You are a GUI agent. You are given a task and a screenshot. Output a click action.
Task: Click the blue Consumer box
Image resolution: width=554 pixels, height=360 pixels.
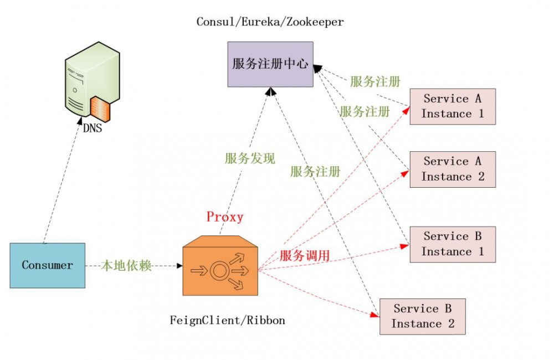click(x=48, y=265)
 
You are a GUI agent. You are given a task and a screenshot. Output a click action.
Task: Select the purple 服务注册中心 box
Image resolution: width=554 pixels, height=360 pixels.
click(x=270, y=64)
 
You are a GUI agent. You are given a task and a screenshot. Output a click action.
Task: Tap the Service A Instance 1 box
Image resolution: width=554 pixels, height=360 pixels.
click(x=452, y=106)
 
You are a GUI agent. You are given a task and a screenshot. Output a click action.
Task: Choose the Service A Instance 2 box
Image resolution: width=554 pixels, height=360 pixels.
click(x=452, y=169)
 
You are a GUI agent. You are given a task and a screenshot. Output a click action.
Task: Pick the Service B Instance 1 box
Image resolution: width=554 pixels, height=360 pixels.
click(x=452, y=244)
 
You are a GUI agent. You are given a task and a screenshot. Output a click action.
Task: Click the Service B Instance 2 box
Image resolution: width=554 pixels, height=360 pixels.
click(x=422, y=316)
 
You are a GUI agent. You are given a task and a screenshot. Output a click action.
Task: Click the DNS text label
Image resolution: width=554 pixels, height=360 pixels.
click(x=92, y=128)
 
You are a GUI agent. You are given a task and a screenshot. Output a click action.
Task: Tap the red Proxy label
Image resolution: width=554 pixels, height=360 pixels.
click(x=225, y=217)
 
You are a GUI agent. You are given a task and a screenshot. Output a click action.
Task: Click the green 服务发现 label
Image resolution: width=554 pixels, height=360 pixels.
click(x=249, y=159)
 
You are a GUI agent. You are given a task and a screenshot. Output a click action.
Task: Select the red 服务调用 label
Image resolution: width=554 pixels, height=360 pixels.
click(x=305, y=256)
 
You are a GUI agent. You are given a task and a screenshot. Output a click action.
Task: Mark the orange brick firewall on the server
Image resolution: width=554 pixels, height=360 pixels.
click(x=100, y=107)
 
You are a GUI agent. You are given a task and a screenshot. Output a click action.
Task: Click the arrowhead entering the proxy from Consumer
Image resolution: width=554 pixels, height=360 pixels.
click(x=179, y=266)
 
